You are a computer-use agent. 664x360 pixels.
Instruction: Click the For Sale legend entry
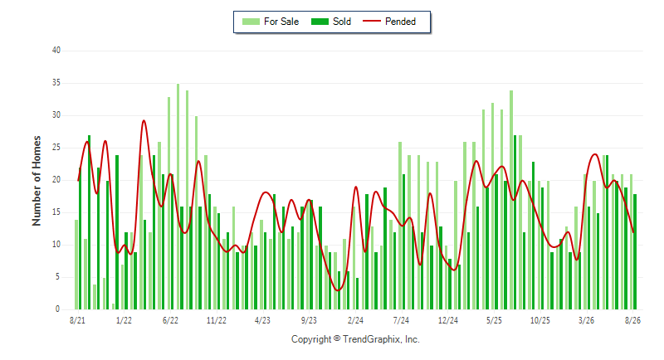(271, 22)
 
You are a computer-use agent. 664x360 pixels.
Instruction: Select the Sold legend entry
(330, 22)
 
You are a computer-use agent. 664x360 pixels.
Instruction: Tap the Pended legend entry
(389, 22)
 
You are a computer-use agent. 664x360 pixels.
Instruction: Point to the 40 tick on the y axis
(56, 51)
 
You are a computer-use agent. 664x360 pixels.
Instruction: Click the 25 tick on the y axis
(56, 148)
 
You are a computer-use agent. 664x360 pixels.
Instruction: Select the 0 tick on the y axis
(57, 309)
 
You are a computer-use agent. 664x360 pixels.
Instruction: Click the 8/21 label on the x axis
(77, 320)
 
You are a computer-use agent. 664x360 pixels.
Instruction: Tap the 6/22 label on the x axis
(170, 320)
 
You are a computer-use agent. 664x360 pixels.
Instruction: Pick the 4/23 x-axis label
(262, 320)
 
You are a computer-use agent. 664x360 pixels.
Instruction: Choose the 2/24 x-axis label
(355, 320)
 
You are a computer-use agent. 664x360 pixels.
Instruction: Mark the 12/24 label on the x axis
(448, 320)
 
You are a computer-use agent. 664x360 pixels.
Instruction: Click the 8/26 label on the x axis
(632, 320)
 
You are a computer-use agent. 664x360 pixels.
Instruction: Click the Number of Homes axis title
(37, 181)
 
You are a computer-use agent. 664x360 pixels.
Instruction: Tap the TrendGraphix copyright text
(355, 339)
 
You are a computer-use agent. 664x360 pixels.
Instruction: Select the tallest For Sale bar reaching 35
(178, 197)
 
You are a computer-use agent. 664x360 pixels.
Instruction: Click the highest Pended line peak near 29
(144, 121)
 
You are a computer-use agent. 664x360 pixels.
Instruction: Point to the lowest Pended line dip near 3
(338, 290)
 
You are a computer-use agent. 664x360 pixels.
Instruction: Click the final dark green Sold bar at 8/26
(635, 251)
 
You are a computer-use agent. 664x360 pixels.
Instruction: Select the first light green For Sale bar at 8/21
(76, 265)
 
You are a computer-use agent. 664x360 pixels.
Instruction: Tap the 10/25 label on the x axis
(540, 320)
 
